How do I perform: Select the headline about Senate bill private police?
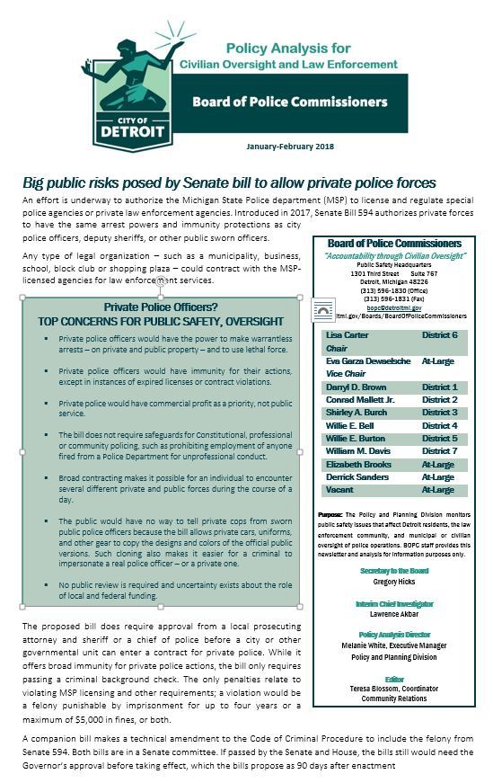(x=229, y=182)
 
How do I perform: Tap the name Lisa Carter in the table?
(x=346, y=334)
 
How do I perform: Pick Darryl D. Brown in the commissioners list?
(x=355, y=387)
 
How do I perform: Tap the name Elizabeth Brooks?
(x=357, y=464)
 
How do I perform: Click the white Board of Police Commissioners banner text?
(x=307, y=102)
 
